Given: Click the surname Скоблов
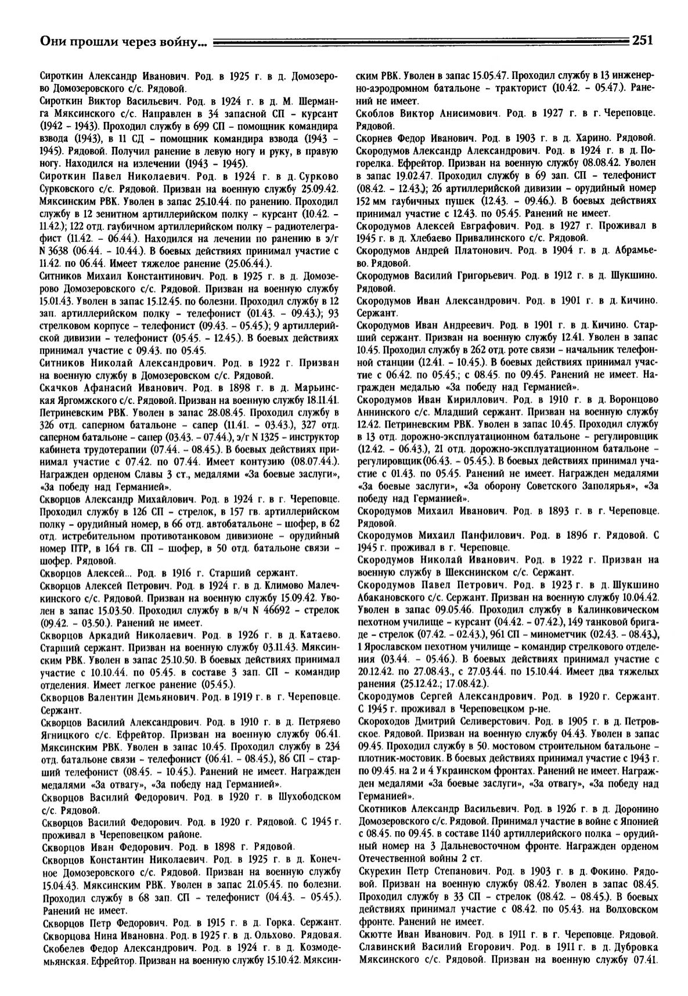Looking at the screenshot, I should pyautogui.click(x=378, y=114).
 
